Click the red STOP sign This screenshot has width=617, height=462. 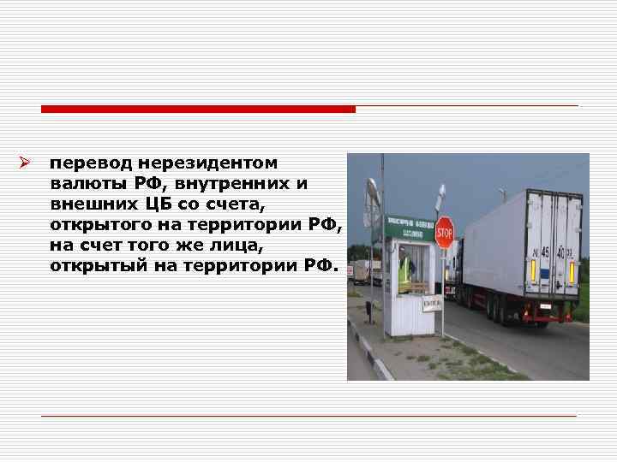point(444,233)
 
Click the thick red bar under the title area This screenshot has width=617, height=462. point(198,110)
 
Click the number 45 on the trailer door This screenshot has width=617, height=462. point(544,252)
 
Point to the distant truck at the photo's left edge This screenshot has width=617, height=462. point(361,271)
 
